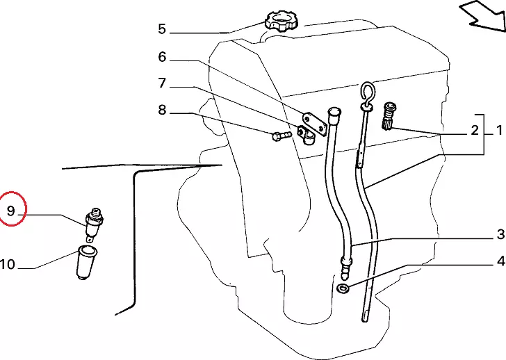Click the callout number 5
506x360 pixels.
pos(162,29)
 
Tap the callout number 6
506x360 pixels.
pos(162,57)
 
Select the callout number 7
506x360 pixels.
pos(162,83)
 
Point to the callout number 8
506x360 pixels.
pos(162,110)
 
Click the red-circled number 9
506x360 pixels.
pos(11,211)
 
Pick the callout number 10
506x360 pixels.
pos(8,265)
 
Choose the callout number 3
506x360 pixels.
pos(500,234)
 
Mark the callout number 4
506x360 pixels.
pos(500,261)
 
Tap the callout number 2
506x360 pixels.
pos(475,131)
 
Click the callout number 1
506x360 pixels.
pos(500,131)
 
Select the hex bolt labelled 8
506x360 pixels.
pos(281,136)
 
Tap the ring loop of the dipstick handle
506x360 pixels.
pos(368,92)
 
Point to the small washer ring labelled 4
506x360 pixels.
pos(343,288)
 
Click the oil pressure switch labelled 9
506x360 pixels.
pos(94,224)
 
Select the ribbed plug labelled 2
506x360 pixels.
pos(389,116)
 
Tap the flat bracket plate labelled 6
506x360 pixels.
pos(314,124)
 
